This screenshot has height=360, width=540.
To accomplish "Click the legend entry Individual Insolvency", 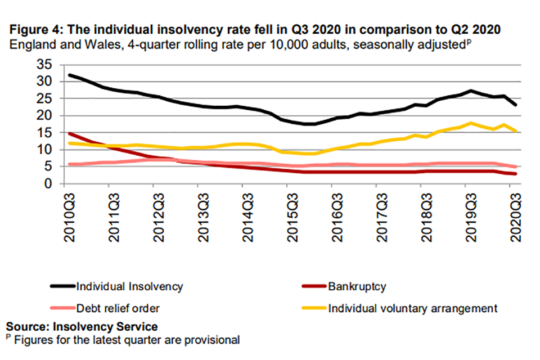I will tap(129, 286).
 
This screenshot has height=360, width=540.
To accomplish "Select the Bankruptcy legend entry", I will tap(356, 286).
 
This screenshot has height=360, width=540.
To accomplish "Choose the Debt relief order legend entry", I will tap(118, 308).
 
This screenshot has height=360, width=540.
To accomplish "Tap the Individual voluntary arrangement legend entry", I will tap(412, 308).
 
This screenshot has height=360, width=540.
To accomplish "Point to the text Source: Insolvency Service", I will tap(82, 326).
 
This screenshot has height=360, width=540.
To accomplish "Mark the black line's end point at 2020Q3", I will tap(516, 105).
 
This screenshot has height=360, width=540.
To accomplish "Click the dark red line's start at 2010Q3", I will tap(69, 134).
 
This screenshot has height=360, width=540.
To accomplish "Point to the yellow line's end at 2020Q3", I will tap(516, 131).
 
